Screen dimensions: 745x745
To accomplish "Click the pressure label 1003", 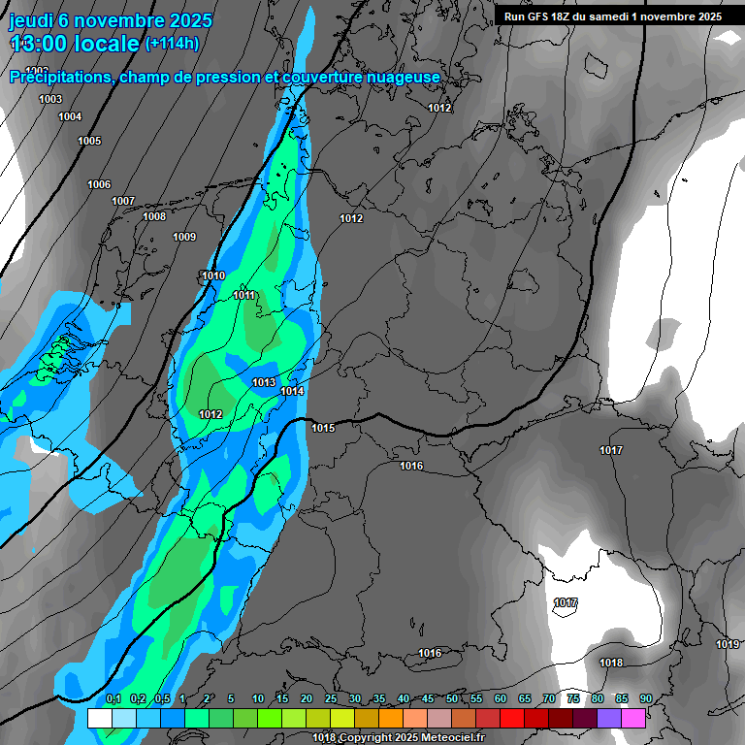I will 50,99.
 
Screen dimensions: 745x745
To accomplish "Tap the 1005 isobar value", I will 89,141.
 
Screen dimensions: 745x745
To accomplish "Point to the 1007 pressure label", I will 123,201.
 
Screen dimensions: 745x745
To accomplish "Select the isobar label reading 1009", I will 184,238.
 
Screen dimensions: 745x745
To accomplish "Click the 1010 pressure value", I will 213,276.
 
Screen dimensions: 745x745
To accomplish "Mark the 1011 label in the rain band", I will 244,295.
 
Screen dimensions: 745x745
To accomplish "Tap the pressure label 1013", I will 264,382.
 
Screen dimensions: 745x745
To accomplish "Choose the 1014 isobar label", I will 292,391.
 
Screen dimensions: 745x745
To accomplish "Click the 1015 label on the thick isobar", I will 323,428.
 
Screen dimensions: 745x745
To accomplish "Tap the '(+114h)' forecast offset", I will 173,44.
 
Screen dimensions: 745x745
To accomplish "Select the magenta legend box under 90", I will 634,718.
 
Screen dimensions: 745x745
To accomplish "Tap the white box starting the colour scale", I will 99,718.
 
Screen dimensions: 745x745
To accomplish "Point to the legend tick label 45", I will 428,698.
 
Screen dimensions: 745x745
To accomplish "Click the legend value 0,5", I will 162,698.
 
